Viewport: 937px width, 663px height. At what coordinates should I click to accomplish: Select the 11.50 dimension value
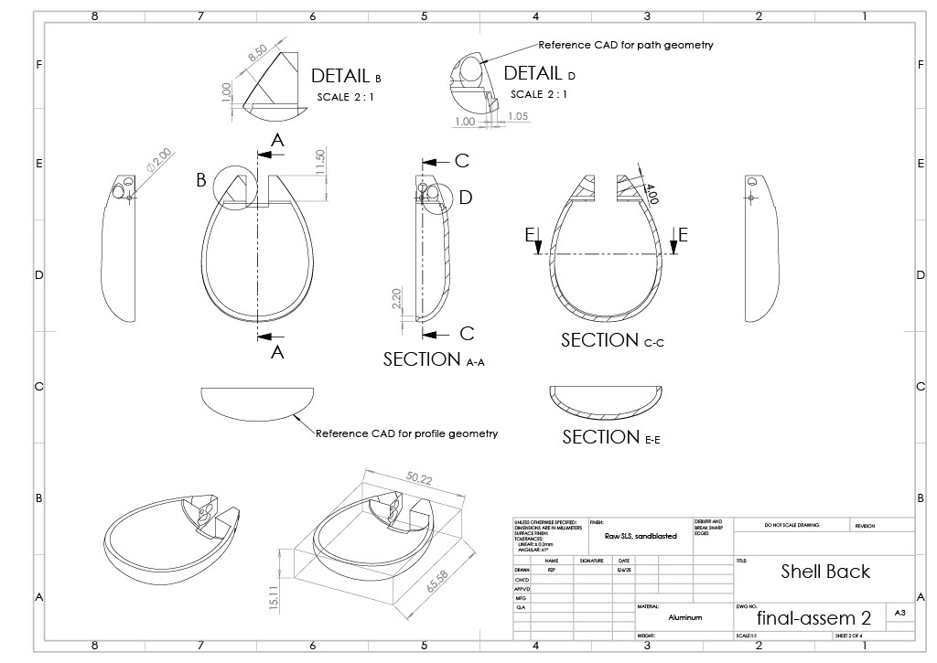(x=319, y=162)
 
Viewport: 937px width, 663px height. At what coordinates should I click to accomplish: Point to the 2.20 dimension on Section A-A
(x=396, y=297)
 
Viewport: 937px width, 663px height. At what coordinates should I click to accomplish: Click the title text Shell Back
(x=825, y=572)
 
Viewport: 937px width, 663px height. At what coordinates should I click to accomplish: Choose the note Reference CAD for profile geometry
(x=406, y=433)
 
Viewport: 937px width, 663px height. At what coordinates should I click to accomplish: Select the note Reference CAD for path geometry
(x=626, y=45)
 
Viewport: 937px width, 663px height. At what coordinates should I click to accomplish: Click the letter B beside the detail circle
(x=201, y=180)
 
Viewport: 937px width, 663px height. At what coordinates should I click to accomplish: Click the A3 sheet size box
(x=900, y=612)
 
